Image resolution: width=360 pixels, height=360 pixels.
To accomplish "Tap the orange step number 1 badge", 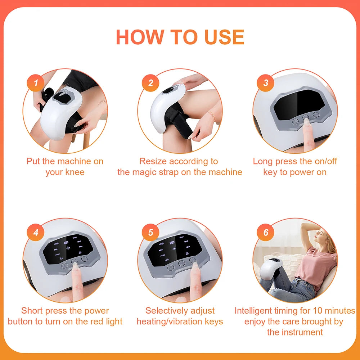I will pyautogui.click(x=35, y=83).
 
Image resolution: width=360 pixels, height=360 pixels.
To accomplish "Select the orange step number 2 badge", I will pyautogui.click(x=150, y=83).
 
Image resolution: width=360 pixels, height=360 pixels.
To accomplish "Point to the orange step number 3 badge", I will pyautogui.click(x=266, y=83).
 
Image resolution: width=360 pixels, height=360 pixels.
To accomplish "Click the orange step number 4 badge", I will pyautogui.click(x=35, y=233).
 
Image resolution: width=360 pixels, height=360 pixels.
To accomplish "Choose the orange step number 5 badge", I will pyautogui.click(x=150, y=233).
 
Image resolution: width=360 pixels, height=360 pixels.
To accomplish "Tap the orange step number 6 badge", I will pyautogui.click(x=266, y=233).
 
